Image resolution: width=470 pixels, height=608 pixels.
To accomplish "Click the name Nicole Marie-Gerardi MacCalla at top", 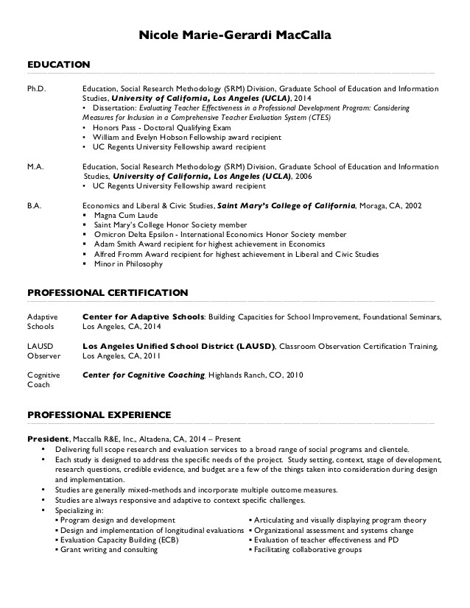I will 235,35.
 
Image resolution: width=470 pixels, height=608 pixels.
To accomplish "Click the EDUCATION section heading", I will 58,65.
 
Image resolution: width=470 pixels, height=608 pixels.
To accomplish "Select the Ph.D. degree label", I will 36,88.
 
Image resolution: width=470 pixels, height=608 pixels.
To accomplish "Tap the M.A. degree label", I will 35,167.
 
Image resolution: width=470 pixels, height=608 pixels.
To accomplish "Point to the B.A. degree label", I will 35,206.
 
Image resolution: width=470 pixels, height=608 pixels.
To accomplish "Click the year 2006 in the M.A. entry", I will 303,177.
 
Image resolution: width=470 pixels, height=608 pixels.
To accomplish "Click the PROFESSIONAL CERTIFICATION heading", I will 108,292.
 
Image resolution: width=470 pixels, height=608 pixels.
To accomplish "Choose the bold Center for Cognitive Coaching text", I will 143,375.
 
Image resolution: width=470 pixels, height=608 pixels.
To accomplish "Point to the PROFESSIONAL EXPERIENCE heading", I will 99,414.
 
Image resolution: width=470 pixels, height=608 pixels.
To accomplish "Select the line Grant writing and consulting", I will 109,549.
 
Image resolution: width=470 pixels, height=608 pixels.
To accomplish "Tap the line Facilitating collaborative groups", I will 308,549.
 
